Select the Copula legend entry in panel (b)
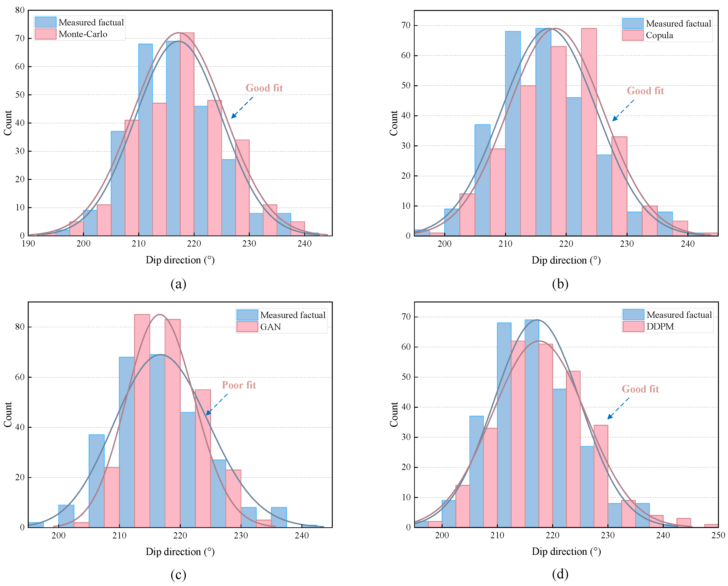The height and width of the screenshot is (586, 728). click(x=659, y=35)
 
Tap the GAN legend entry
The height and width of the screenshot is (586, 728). click(x=270, y=327)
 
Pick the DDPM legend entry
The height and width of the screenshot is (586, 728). click(x=660, y=326)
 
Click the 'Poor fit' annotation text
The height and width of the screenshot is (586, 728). click(x=239, y=385)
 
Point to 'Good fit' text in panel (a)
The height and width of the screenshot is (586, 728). click(x=264, y=88)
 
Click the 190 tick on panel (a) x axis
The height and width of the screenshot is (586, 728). click(x=28, y=244)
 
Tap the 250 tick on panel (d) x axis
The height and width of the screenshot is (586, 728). click(x=718, y=536)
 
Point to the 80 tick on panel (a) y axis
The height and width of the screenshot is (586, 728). click(x=20, y=10)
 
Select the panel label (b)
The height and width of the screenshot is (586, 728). click(x=560, y=284)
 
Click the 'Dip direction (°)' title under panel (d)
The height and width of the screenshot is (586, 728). click(x=566, y=552)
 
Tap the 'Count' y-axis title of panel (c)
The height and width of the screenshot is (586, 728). click(x=8, y=415)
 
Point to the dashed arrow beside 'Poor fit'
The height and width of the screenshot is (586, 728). click(x=216, y=404)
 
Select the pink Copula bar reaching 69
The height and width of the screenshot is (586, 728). click(x=589, y=132)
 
